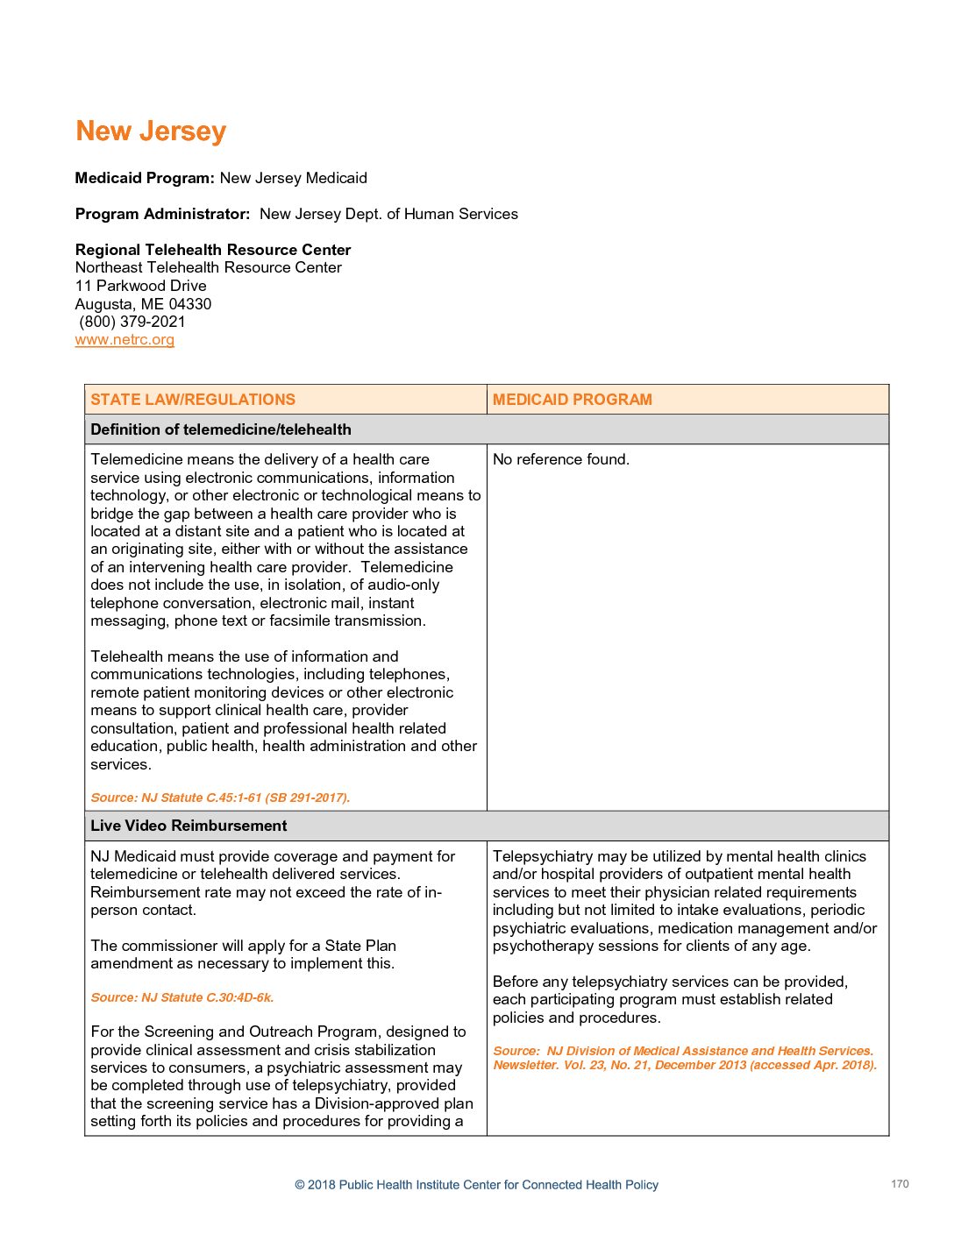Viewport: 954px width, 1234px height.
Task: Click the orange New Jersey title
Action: coord(151,131)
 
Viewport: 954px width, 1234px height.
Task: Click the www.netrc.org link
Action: coord(125,340)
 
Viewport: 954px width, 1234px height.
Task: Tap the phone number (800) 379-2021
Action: coord(132,322)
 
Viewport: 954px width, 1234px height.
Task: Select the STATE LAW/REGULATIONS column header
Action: coord(193,400)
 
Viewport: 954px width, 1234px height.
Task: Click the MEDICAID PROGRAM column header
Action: coord(572,400)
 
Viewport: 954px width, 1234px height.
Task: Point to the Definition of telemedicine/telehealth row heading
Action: coord(220,429)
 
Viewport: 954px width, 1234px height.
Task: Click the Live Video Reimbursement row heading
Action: coord(189,826)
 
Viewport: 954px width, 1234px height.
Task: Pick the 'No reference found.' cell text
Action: coord(560,459)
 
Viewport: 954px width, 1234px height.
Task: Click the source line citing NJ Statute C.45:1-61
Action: coord(220,798)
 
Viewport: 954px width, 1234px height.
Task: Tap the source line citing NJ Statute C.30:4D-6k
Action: coord(182,997)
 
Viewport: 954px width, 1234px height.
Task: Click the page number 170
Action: coord(900,1184)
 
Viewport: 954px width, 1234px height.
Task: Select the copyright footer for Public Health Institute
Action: coord(476,1185)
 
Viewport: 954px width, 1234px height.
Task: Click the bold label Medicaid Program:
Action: coord(145,178)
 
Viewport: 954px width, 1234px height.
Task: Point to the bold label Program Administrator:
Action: coord(162,214)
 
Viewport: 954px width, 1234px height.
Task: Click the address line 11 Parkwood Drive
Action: coord(141,286)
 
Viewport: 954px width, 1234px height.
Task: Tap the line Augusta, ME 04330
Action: coord(143,304)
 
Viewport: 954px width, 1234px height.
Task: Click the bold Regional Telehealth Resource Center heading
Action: coord(213,250)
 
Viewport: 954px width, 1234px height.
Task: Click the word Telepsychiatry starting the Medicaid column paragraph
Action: coord(534,856)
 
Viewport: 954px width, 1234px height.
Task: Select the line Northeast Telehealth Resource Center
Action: coord(209,267)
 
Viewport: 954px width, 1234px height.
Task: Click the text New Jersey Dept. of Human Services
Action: coord(388,214)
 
